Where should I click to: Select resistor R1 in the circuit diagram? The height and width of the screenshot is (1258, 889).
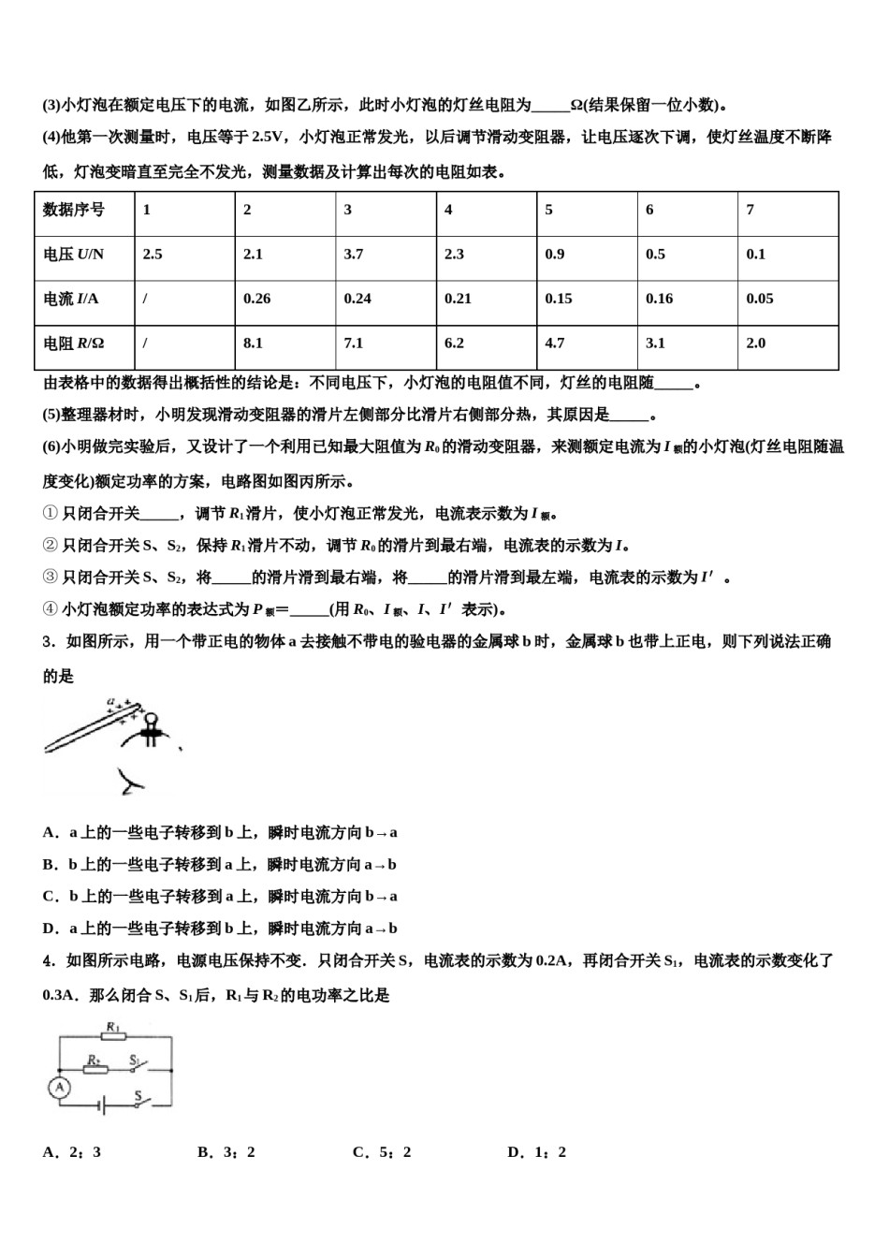point(114,1037)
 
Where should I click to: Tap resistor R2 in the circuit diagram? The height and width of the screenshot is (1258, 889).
point(95,1069)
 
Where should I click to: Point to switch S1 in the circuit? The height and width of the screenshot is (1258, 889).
point(138,1066)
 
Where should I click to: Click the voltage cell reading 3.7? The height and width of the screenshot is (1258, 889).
point(354,255)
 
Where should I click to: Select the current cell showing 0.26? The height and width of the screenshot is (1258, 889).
point(256,299)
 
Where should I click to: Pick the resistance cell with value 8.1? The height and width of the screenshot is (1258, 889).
point(253,344)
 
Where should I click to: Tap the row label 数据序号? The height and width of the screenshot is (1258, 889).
point(74,210)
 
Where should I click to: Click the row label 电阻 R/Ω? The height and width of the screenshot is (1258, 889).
point(74,344)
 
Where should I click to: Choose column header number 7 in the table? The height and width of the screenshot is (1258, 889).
point(751,210)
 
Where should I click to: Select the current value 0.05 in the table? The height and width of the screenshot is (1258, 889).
point(759,299)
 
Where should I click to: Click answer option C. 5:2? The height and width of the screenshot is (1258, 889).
point(382,1152)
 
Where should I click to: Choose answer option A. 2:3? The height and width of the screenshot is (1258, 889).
point(71,1152)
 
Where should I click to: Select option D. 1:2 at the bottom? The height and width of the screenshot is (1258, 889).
point(536,1152)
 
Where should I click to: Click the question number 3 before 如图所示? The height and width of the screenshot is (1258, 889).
point(47,642)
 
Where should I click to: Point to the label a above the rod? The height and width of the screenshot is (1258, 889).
point(110,700)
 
